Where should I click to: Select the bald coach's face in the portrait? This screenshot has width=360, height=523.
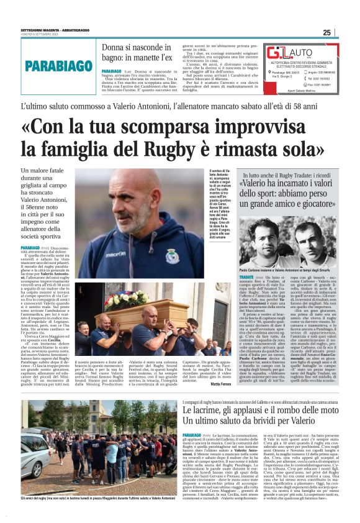click(133, 202)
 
